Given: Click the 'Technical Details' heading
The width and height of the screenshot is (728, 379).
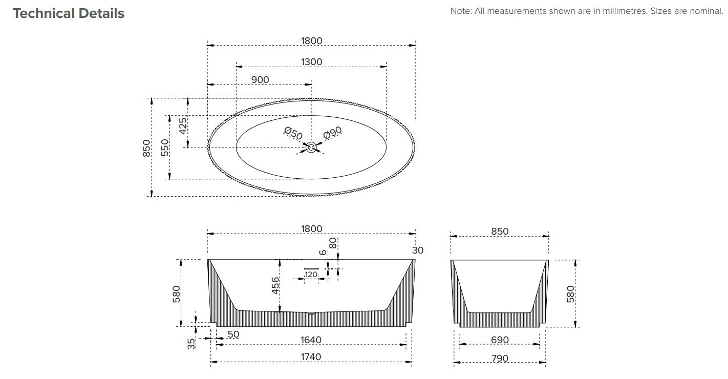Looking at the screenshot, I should [x=69, y=13].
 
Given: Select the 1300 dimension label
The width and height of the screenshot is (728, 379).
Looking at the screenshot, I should [x=311, y=62].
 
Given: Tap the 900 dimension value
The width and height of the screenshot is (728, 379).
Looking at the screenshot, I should [x=260, y=80].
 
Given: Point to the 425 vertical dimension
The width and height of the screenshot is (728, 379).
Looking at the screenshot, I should [x=183, y=125].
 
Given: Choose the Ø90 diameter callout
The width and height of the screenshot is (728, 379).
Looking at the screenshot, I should [x=332, y=133].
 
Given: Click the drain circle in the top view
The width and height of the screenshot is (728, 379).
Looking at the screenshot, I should [x=311, y=148].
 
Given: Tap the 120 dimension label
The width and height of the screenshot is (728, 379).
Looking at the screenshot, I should [x=311, y=275].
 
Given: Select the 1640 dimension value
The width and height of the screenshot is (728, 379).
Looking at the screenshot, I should [x=311, y=340].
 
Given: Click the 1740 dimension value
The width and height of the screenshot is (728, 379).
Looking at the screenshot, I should [x=311, y=357].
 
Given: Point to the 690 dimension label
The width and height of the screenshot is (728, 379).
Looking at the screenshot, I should [x=500, y=340].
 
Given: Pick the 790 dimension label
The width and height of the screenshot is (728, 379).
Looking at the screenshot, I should [x=500, y=359].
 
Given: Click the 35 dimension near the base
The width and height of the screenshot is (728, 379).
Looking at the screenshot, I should [x=191, y=343].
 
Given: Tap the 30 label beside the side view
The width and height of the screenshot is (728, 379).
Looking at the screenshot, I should [x=418, y=250].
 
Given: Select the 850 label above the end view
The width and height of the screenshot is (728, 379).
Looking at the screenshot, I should [x=500, y=231].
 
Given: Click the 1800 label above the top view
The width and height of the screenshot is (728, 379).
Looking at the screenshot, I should [x=311, y=41].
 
